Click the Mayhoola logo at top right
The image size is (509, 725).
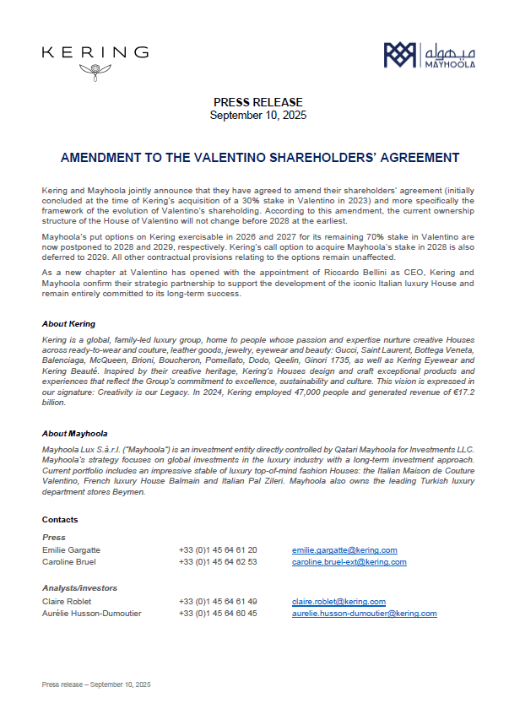tap(430, 56)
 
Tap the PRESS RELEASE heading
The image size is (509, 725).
tap(257, 102)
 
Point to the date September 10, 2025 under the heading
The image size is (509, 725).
tap(257, 114)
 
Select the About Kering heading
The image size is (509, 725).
tap(68, 323)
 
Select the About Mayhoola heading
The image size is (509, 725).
tap(74, 433)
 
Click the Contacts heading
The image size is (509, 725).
tap(60, 519)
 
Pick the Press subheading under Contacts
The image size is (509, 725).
tap(53, 537)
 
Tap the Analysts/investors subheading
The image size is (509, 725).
tap(79, 588)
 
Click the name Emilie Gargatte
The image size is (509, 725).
tap(71, 549)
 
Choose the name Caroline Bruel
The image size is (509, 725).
tap(68, 561)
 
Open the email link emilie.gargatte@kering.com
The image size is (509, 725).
tap(344, 549)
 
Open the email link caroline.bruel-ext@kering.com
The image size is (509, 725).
tap(349, 561)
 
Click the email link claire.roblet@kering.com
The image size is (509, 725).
tap(338, 601)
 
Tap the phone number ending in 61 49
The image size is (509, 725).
tap(218, 601)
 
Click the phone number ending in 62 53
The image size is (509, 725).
tap(218, 561)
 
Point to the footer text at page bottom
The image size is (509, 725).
tap(95, 684)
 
